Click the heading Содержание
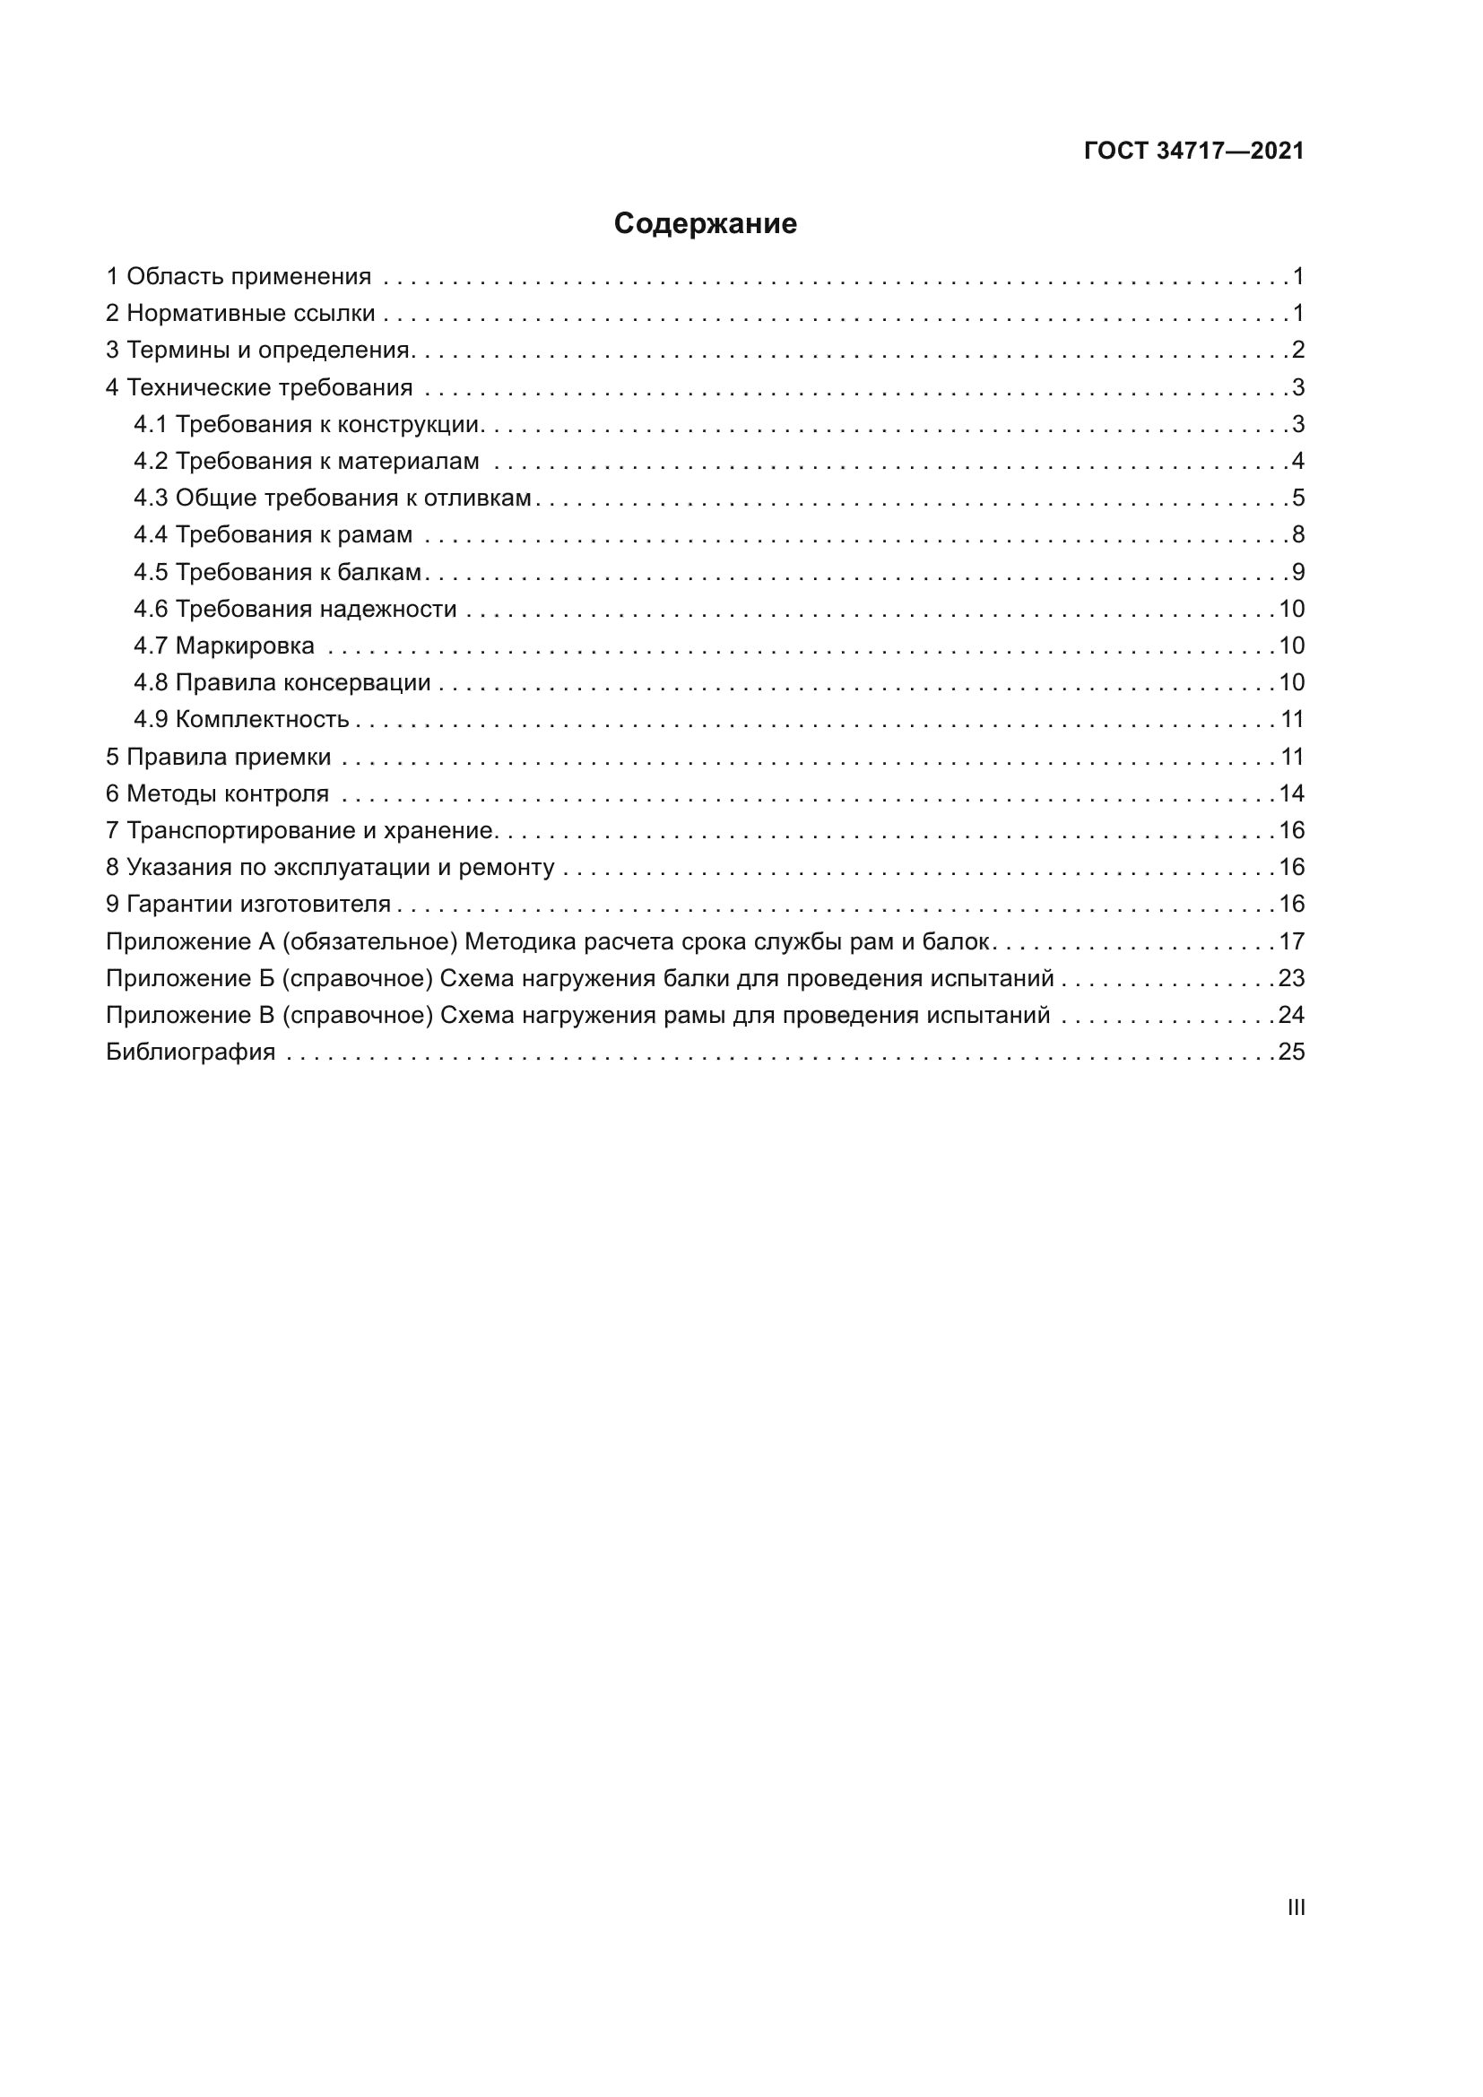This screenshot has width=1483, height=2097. [x=705, y=224]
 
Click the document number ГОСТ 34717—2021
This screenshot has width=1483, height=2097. [x=1193, y=152]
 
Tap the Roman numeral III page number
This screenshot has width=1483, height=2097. [x=1296, y=1907]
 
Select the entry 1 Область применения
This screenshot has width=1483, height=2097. [x=238, y=277]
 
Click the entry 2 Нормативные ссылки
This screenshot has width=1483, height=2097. [x=240, y=313]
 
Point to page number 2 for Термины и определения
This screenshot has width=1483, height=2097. [x=1297, y=350]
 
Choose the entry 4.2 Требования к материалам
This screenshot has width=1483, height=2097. [x=306, y=461]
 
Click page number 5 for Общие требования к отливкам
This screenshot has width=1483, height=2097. [x=1297, y=498]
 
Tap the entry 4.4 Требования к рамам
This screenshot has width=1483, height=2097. [x=273, y=535]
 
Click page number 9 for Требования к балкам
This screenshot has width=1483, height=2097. [x=1297, y=573]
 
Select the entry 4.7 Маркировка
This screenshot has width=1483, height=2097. [x=224, y=646]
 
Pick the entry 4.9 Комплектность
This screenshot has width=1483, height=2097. [x=241, y=720]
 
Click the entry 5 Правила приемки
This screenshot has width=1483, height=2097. [x=218, y=758]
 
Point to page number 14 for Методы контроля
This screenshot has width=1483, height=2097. [x=1291, y=793]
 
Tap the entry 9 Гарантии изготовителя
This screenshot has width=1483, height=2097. [x=248, y=905]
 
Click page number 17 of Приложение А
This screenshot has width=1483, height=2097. [x=1291, y=941]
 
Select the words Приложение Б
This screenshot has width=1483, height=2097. [x=189, y=979]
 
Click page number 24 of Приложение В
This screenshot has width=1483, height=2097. [x=1291, y=1016]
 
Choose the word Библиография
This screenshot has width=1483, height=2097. [x=190, y=1053]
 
